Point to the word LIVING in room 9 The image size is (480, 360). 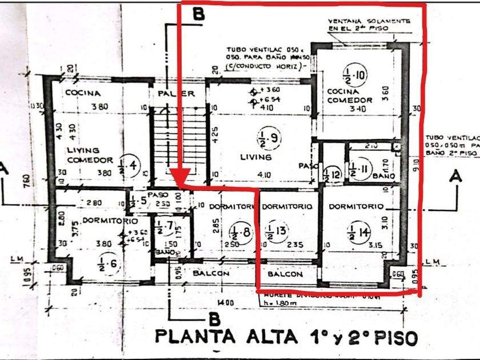(255, 156)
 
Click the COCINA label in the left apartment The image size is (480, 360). (82, 93)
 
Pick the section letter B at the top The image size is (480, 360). (198, 15)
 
